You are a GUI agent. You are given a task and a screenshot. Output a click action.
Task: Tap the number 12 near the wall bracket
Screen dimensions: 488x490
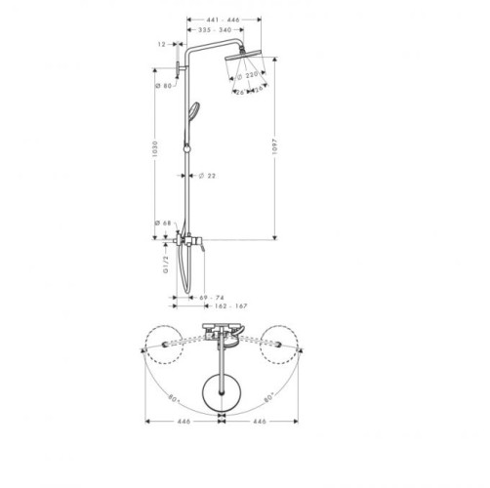[162, 45]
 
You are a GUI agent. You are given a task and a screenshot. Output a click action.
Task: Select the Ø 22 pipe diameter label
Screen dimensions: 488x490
[206, 176]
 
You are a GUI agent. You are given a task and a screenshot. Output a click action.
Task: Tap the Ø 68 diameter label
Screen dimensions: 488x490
[164, 224]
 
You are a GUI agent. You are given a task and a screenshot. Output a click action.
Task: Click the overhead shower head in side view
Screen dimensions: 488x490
[241, 64]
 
